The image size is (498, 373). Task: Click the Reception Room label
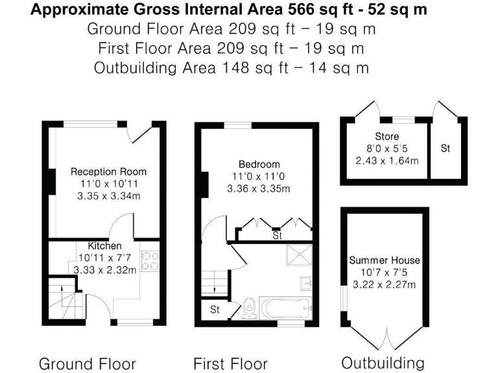point(108,172)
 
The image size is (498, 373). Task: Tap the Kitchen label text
point(104,246)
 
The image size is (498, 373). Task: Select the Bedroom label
point(258,164)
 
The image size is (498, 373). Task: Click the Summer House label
point(385,260)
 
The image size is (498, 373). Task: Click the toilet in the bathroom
point(250,308)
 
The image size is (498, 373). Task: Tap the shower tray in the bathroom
point(300,257)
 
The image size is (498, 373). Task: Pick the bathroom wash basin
point(308,284)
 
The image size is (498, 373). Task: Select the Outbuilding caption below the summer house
point(383,362)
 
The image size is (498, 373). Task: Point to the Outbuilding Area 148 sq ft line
point(231,67)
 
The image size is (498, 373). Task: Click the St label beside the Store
point(445,148)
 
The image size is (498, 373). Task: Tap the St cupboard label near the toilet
point(214,310)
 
